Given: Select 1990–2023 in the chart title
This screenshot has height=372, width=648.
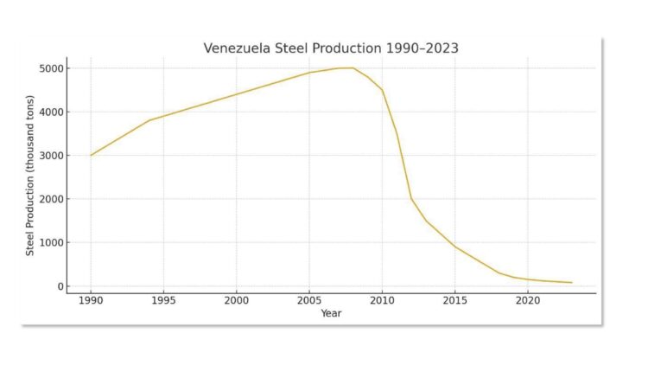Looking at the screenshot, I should [424, 48].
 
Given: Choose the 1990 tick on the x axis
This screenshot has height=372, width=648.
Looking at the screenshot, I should [91, 301].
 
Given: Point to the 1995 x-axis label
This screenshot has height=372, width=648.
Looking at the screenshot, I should [163, 301].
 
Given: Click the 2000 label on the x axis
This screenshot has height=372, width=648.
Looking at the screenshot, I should [236, 301].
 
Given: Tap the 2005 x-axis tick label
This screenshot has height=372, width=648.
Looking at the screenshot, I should [309, 301].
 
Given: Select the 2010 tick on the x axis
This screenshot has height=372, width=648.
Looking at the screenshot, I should [382, 301].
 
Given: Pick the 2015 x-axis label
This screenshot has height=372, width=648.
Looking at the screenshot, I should [454, 301].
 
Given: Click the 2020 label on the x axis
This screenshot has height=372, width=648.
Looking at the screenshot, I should [527, 301].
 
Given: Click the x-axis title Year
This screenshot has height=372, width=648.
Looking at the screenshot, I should [331, 313].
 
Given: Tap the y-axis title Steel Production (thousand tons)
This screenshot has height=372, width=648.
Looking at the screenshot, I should [30, 177].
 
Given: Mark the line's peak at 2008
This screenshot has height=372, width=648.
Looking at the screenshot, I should [353, 67].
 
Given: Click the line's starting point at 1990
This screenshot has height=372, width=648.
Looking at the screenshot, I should [91, 156].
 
